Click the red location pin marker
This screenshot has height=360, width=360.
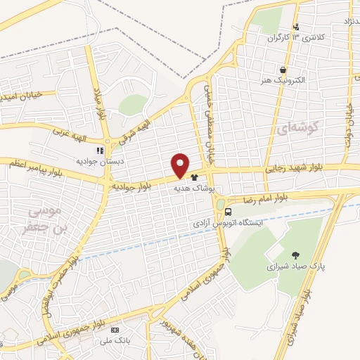(x=181, y=165)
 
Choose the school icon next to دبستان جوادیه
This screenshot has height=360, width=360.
(x=101, y=150)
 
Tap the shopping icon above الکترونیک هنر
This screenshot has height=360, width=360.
(x=283, y=70)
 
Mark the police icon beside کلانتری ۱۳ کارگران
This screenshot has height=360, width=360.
(x=296, y=27)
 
